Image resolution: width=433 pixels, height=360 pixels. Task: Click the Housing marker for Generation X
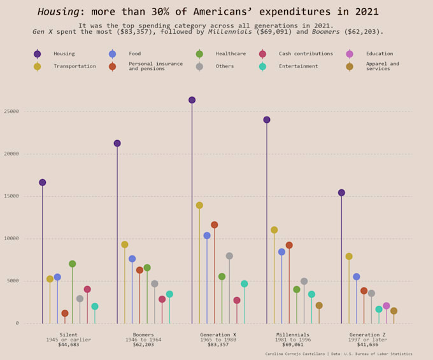(x=192, y=100)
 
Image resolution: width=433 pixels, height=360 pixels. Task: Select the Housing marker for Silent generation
(x=43, y=182)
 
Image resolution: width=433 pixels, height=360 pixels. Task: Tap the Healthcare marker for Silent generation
(x=73, y=264)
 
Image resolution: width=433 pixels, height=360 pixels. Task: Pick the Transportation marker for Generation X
(x=199, y=206)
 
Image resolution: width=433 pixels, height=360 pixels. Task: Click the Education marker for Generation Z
(x=386, y=306)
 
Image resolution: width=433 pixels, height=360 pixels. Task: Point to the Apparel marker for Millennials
(x=319, y=305)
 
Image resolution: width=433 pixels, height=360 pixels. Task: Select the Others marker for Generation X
(x=229, y=256)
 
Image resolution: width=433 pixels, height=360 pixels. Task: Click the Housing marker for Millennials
(x=267, y=120)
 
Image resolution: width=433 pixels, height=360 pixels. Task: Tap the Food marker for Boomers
(x=132, y=259)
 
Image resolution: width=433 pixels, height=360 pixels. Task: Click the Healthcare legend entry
(x=230, y=54)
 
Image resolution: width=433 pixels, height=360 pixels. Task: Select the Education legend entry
(x=379, y=54)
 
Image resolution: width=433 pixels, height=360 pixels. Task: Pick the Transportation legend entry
(x=74, y=66)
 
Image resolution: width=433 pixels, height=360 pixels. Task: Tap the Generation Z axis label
(x=367, y=335)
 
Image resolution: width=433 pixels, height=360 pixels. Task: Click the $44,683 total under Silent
(x=69, y=345)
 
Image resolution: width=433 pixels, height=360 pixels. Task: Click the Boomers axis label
(x=143, y=335)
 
